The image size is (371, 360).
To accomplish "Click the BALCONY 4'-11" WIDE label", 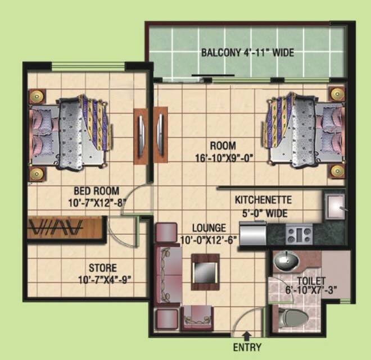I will tap(247, 53).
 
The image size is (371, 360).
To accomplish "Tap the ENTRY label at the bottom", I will tap(247, 348).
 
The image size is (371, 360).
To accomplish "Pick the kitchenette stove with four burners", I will tap(299, 233).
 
